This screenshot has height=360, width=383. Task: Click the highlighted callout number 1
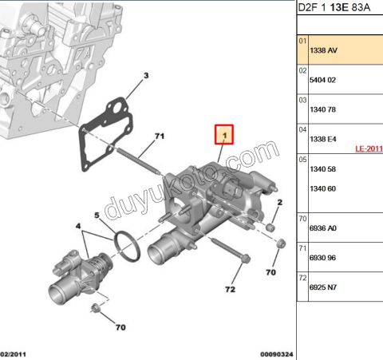point(224,135)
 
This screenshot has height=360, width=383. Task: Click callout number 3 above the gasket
point(146,76)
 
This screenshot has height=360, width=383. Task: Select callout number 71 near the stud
point(160,136)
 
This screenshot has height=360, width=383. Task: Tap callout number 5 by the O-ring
point(97,216)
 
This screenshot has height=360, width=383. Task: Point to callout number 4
point(78,226)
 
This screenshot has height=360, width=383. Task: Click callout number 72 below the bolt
point(230,289)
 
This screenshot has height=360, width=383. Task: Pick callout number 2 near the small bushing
point(279,203)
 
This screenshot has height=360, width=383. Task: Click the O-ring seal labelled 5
point(127,246)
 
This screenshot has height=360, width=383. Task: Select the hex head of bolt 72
point(246,259)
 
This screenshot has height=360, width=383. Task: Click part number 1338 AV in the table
point(323,50)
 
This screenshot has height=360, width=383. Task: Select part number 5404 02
point(322,80)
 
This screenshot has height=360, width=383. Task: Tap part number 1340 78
point(322,109)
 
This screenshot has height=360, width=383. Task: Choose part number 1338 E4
point(323,139)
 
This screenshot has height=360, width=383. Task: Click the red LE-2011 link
point(369,148)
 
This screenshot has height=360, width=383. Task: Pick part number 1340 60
point(322,188)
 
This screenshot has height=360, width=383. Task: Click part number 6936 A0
point(323,228)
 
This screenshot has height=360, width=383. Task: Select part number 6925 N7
point(323,287)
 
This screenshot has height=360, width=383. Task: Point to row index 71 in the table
point(302,248)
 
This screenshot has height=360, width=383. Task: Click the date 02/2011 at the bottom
point(14,354)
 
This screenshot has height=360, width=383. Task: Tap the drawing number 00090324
point(277,354)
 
